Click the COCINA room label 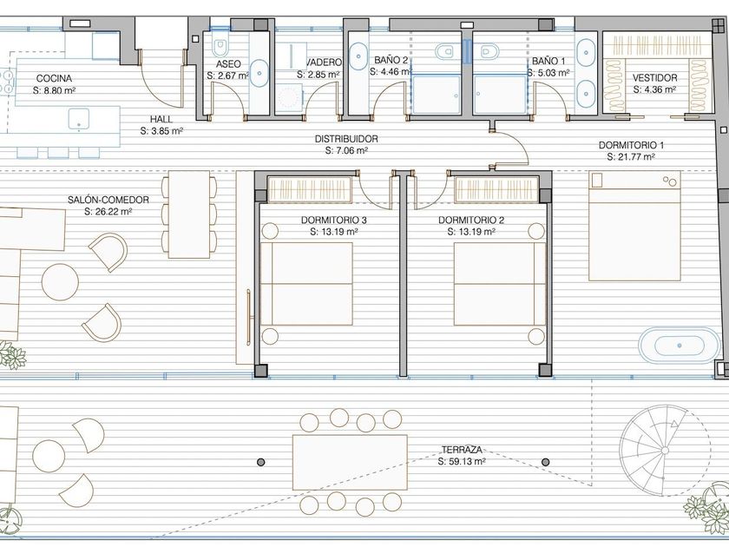[55, 78]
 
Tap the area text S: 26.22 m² [108, 212]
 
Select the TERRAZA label [462, 450]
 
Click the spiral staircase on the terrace [665, 450]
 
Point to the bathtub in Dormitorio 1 [679, 346]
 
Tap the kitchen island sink [79, 119]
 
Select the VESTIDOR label [654, 77]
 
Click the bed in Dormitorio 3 [306, 284]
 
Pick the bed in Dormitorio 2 [500, 284]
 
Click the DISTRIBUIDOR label [346, 139]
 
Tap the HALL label [161, 119]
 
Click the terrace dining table [350, 462]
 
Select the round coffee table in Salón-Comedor [60, 282]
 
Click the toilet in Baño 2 [444, 51]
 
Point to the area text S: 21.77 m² [631, 157]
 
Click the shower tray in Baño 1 [500, 95]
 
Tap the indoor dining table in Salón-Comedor [189, 214]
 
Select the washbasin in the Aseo [259, 73]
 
